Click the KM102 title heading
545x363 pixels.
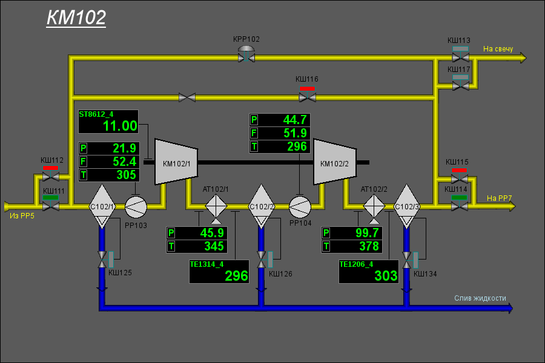point(76,18)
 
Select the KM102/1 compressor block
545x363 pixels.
point(176,162)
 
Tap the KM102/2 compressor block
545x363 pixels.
point(335,162)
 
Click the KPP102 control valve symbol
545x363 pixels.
point(246,54)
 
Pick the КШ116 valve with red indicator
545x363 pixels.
point(308,94)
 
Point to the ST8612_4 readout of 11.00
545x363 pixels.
point(120,126)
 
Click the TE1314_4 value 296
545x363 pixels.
point(236,276)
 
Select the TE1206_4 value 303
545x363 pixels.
point(386,276)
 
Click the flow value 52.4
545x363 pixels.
point(124,162)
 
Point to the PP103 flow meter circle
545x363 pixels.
point(136,207)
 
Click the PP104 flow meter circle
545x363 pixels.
point(300,207)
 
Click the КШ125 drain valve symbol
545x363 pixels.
point(102,260)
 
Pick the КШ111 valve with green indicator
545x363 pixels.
point(51,203)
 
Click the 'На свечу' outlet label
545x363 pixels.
point(498,49)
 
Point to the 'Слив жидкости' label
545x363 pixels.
point(480,298)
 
